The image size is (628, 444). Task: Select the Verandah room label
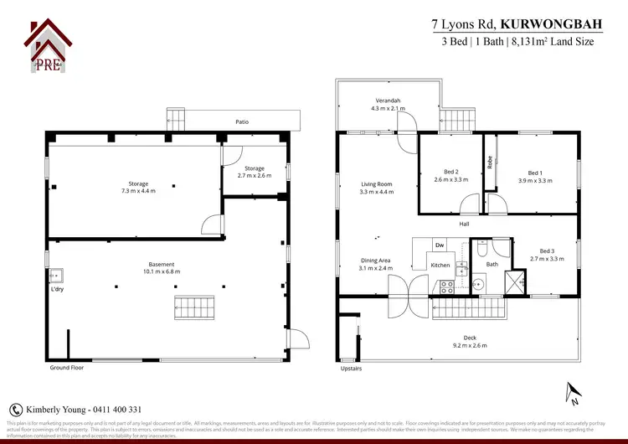[388, 101]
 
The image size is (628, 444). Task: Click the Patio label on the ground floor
[242, 122]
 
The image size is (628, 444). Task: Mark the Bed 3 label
[548, 250]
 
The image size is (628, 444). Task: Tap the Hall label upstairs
[464, 224]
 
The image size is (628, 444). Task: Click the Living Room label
[376, 183]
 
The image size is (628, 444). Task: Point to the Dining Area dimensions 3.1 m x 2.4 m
[376, 268]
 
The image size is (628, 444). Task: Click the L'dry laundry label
[56, 290]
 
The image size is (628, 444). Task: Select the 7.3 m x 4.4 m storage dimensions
[138, 191]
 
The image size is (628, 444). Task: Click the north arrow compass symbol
[573, 391]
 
